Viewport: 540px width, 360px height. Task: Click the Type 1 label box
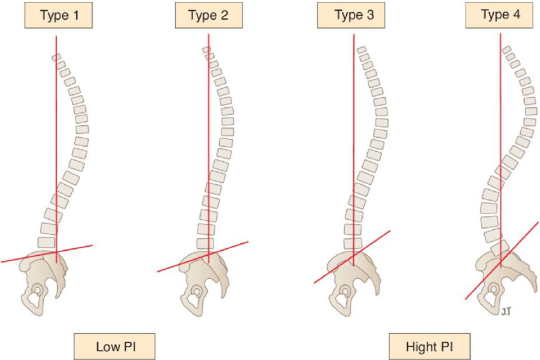pos(58,15)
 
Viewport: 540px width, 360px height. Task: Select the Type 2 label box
pos(209,15)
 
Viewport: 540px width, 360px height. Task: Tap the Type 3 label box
pos(351,15)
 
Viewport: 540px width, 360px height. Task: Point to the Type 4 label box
pos(499,15)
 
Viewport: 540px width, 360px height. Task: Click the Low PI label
pos(115,346)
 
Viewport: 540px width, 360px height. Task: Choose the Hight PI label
pos(429,346)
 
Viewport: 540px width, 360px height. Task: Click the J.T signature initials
pos(506,312)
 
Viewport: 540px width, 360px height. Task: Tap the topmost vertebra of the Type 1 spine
pos(57,57)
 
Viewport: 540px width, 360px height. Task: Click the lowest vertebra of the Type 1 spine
pos(46,243)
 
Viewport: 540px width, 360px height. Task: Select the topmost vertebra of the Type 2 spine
pos(206,50)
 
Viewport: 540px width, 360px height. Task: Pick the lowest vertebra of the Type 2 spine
pos(205,243)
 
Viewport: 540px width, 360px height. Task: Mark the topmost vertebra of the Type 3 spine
pos(361,50)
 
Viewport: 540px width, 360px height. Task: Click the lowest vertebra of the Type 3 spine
pos(353,243)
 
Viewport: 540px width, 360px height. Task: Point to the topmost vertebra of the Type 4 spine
pos(506,50)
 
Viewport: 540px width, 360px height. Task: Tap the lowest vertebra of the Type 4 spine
pos(500,248)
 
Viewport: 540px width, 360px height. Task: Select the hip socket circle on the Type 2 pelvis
pos(196,292)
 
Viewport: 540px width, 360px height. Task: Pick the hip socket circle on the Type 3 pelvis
pos(345,291)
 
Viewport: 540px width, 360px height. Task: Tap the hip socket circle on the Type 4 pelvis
pos(494,288)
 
